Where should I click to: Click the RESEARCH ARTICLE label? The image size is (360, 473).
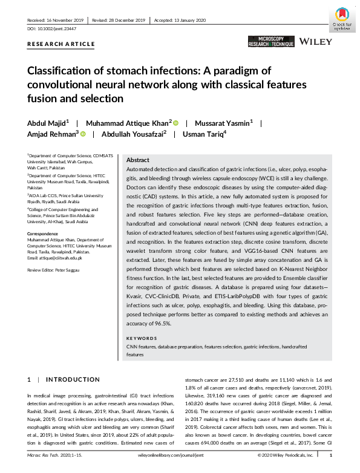61,44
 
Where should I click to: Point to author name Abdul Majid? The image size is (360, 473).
48,122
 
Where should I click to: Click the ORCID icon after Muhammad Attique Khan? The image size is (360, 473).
177,123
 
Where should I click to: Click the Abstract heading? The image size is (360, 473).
138,160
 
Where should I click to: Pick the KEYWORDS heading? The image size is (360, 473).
142,338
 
